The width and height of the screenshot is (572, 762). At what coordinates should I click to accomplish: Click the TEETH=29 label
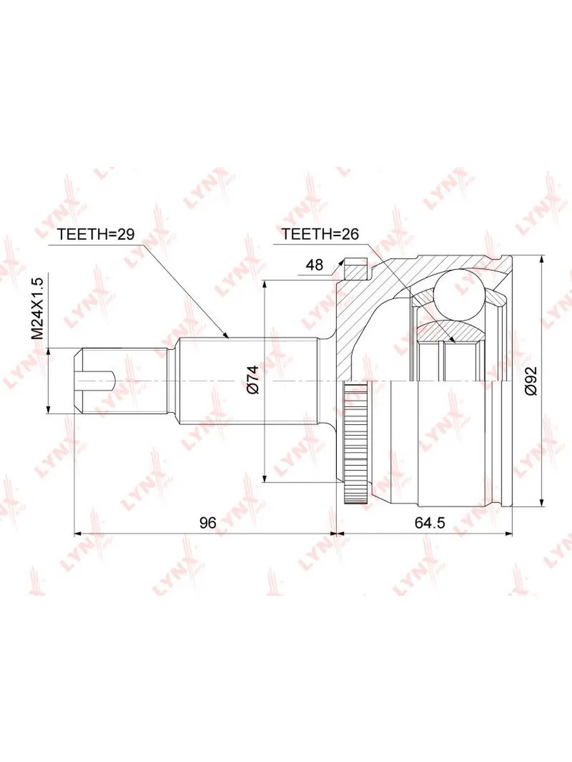(x=95, y=234)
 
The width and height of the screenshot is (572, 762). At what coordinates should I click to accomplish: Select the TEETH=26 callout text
(x=320, y=234)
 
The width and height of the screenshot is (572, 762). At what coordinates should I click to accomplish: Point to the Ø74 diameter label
(x=253, y=380)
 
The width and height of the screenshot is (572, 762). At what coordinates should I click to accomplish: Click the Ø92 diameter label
(x=531, y=381)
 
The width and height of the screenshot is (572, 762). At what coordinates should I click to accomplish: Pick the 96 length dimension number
(x=208, y=532)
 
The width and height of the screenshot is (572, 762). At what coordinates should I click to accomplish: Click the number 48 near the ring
(x=315, y=265)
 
